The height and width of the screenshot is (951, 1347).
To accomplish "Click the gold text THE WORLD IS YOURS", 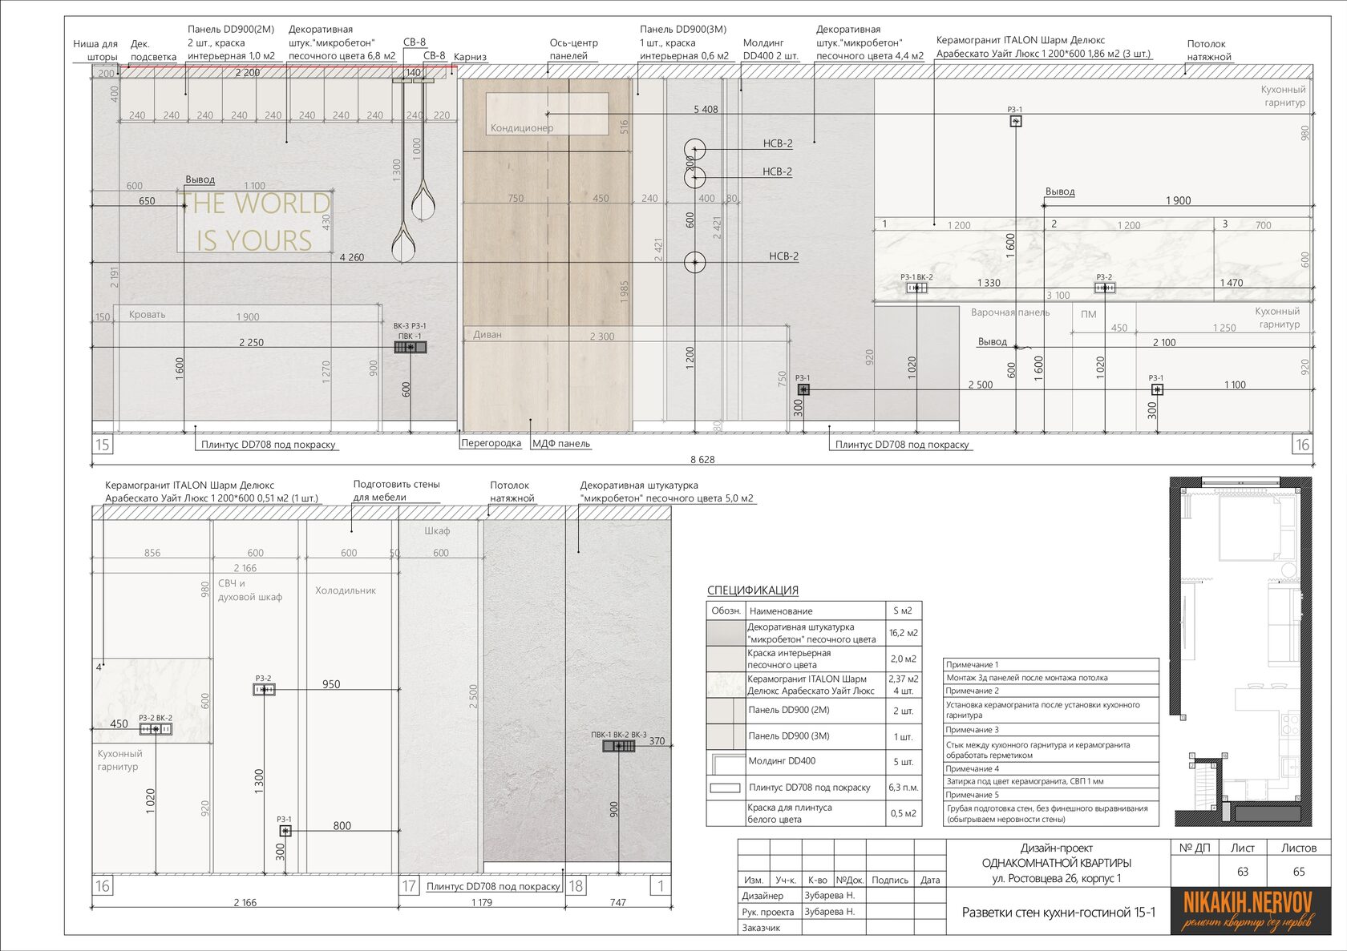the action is pos(254,222).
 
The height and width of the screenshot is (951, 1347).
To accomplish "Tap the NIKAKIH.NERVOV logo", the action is pos(1248,909).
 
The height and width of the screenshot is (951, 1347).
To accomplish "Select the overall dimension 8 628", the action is pos(702,459).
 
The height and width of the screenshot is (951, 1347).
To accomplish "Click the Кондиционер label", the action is pos(522,127).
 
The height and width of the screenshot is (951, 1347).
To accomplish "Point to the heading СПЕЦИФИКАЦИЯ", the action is pos(752,590).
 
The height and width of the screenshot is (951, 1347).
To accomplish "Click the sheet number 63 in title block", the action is pos(1243,872).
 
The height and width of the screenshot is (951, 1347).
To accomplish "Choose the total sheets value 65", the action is pos(1299,872).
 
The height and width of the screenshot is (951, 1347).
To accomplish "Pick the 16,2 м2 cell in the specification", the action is pos(903,633).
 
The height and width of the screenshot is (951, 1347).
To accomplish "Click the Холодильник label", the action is pos(346,590).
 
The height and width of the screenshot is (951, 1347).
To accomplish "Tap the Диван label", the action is pos(487,334).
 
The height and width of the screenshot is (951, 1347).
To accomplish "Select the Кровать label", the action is pos(148,314).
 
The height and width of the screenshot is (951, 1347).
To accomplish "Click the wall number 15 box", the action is pos(103,445).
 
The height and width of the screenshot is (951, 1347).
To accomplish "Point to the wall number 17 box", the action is pos(409,886).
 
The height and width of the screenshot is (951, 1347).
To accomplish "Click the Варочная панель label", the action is pos(1009,312).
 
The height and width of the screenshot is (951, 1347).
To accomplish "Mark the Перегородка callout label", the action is pos(491,443).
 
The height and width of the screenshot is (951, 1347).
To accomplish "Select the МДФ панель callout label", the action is pos(561,443).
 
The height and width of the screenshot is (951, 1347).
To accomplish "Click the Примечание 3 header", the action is pos(972,730).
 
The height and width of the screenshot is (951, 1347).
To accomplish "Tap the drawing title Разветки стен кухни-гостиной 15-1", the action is pos(1058,912).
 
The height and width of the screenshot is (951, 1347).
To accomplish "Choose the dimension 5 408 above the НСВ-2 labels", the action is pos(706,110).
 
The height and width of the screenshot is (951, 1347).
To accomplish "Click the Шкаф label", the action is pos(437,530).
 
